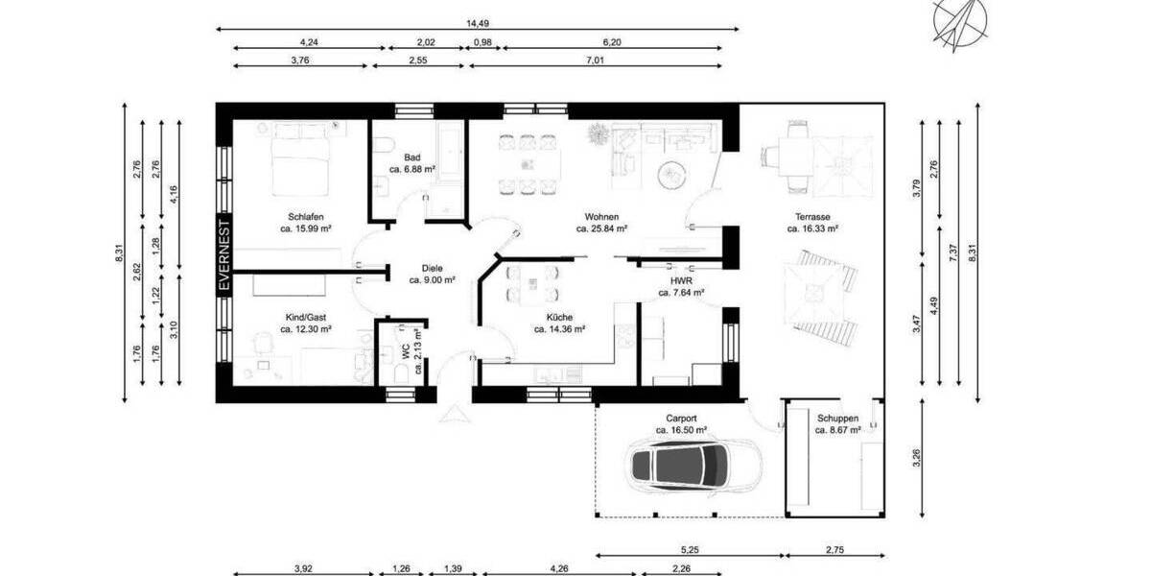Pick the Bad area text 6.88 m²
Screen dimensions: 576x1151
412,169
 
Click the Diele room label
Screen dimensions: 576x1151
432,269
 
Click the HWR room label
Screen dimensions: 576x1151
681,279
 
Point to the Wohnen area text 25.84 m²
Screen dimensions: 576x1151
601,229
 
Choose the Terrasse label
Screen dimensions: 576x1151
812,217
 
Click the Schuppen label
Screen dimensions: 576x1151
837,419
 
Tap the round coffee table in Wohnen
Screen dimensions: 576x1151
670,174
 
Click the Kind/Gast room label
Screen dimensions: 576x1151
305,316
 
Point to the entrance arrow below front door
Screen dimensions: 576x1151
453,415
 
